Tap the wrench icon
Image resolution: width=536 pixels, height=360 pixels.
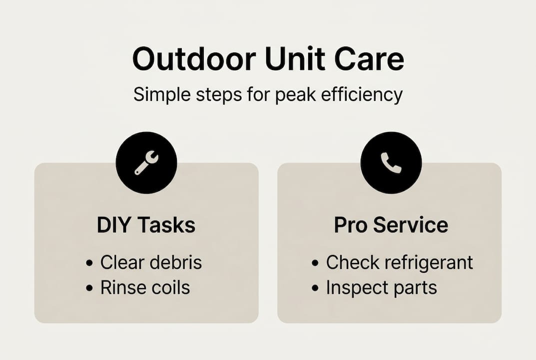click(146, 162)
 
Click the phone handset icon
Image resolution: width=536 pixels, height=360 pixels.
click(391, 162)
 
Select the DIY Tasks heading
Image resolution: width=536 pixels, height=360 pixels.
click(146, 225)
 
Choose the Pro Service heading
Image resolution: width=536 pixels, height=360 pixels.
click(391, 225)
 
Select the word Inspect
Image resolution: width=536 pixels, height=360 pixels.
click(350, 287)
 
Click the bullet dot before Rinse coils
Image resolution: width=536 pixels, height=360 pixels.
click(89, 288)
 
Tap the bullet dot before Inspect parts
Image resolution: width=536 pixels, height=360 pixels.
click(315, 288)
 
